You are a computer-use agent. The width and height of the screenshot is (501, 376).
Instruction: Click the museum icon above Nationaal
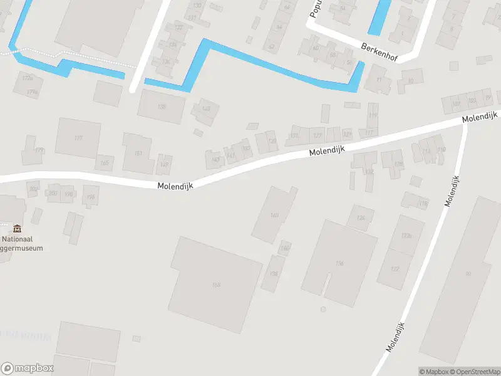pos(17,228)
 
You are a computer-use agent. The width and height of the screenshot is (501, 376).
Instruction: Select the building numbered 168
pos(216,285)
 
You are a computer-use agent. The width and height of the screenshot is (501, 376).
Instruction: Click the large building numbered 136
pos(340,263)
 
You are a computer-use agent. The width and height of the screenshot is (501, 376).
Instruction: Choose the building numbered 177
pos(78,138)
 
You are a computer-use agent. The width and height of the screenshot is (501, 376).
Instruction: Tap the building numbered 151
pos(138,153)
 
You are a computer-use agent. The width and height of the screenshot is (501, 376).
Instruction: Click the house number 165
pos(104,164)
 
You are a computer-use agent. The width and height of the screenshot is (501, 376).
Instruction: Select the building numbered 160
pos(274,215)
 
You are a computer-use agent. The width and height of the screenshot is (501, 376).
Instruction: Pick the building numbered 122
pos(395,269)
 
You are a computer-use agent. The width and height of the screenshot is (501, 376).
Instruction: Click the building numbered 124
pos(360,217)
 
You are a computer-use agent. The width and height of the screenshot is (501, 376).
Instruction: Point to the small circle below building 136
pos(323,310)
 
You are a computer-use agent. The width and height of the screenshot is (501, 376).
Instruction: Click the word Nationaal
pos(18,239)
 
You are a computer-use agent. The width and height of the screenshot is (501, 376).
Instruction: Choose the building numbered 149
pos(165,164)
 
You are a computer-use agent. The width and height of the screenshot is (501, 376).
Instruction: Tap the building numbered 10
pos(411,81)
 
